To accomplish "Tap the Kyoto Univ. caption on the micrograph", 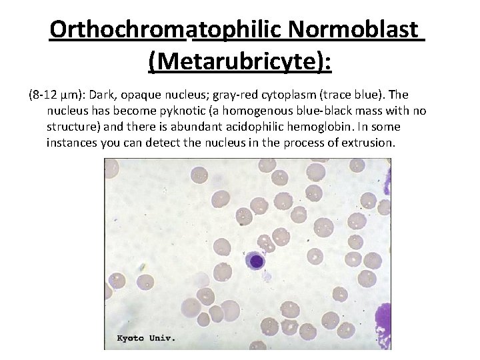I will click(146, 338).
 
